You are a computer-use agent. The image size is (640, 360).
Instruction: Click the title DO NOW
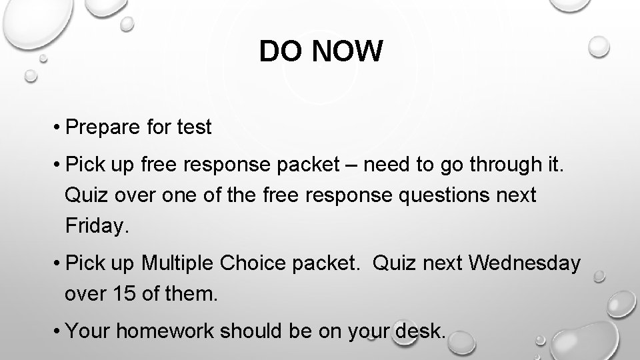coord(321,51)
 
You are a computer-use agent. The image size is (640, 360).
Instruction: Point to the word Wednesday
coord(525,263)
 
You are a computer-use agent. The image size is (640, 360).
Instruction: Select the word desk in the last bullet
coord(420,329)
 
